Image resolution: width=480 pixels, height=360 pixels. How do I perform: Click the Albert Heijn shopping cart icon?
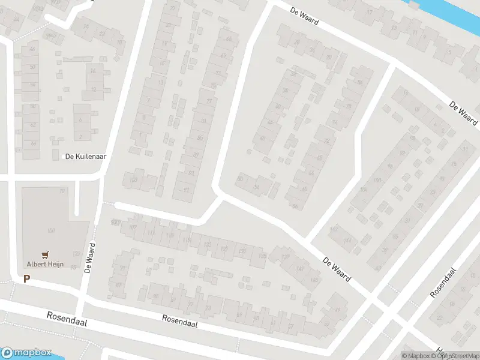[x=45, y=254]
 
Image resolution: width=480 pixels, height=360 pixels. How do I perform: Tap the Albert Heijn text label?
[x=45, y=263]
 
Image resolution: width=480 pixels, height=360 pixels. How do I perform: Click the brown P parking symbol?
[x=26, y=278]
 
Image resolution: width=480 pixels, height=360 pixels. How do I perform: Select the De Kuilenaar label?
[x=86, y=157]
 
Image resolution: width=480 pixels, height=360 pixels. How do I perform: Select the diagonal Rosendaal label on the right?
[x=444, y=283]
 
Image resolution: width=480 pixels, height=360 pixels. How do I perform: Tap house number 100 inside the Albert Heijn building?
[x=51, y=230]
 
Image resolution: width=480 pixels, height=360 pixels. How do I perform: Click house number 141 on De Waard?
[x=299, y=269]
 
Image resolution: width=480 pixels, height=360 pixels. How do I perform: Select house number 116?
[x=170, y=235]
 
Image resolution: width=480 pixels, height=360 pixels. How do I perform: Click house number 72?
[x=327, y=142]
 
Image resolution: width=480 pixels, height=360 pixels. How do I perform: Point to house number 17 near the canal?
[x=370, y=12]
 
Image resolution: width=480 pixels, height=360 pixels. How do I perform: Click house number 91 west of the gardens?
[x=124, y=268]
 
